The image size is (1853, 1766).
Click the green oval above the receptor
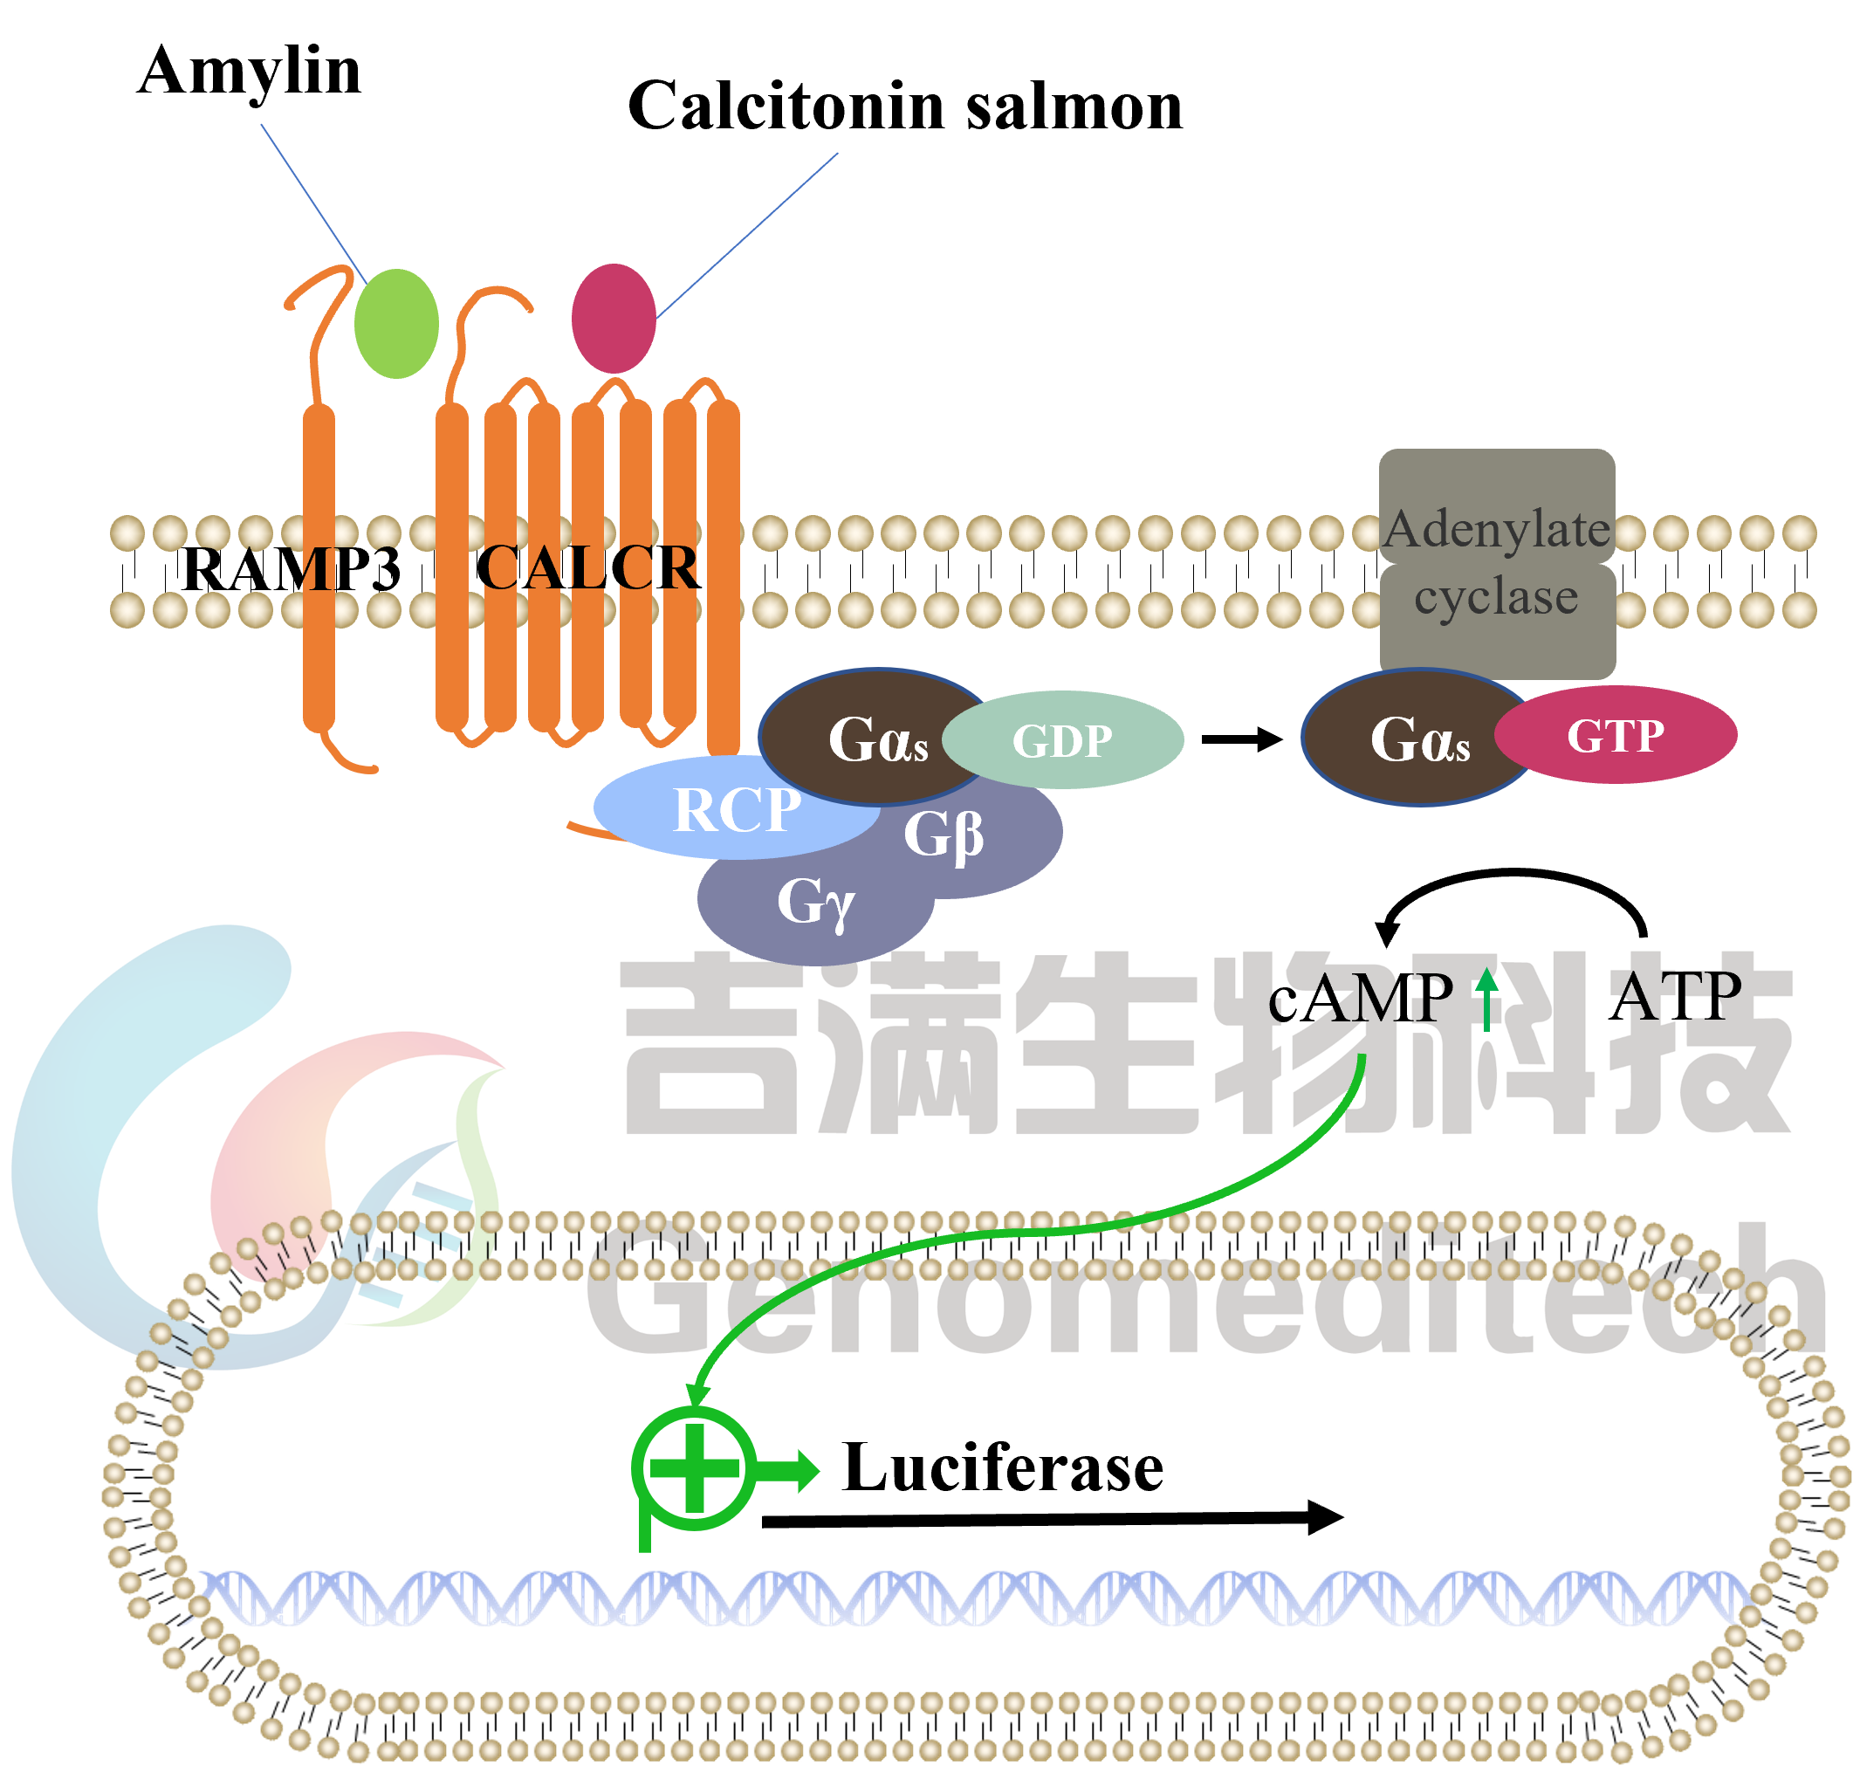[x=396, y=324]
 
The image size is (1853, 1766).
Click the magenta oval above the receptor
[x=614, y=318]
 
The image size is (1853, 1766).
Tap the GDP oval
[x=1062, y=740]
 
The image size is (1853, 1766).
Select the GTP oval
[x=1615, y=735]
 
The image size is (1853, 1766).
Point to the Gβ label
[x=943, y=834]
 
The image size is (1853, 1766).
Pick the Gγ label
[x=815, y=902]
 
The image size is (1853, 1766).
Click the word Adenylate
[x=1496, y=529]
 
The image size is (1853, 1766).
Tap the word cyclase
[x=1496, y=597]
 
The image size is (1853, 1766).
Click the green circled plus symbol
[x=695, y=1468]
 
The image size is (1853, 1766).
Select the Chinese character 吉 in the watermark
[x=715, y=1045]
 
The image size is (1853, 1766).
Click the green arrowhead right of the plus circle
[x=807, y=1470]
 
